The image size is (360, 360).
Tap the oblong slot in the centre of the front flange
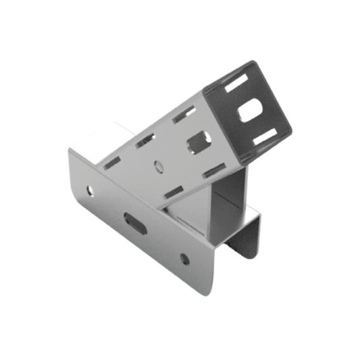tap(135, 223)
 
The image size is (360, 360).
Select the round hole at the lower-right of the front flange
tap(184, 258)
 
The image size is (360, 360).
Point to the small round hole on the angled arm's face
tap(159, 163)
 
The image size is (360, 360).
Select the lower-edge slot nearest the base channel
tap(174, 192)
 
